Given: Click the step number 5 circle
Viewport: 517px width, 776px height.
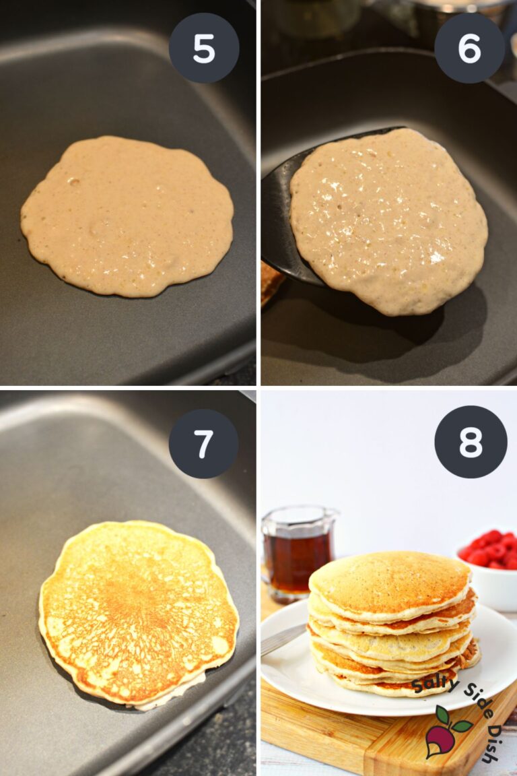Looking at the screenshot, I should [203, 48].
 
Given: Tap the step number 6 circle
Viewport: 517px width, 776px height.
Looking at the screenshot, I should [469, 48].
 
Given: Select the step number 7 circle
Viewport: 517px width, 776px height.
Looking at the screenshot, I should [203, 444].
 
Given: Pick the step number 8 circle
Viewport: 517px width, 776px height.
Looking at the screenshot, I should [471, 442].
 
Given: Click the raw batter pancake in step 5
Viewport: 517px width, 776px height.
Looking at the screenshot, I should [127, 216].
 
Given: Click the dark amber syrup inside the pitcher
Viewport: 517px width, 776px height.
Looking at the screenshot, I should [296, 559].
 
